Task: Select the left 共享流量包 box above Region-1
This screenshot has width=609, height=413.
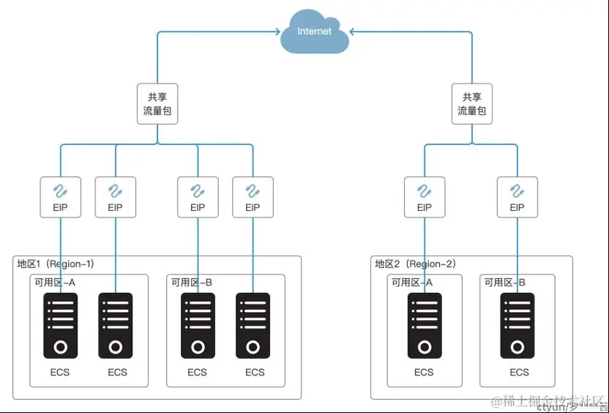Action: click(x=157, y=104)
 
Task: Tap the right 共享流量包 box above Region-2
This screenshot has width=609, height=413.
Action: click(x=471, y=104)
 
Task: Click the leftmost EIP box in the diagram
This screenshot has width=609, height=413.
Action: click(x=60, y=197)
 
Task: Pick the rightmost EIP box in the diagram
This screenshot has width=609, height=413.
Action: click(x=517, y=197)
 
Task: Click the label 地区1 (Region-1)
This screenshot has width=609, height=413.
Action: click(x=56, y=264)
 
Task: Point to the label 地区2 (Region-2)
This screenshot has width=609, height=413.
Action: click(x=414, y=264)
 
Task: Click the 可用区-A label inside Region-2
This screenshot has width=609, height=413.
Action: click(x=411, y=283)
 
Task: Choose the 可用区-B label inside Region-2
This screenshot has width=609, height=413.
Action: click(x=504, y=283)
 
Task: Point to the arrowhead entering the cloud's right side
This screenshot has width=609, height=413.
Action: click(x=352, y=31)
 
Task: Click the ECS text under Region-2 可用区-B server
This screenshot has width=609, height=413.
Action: click(x=519, y=372)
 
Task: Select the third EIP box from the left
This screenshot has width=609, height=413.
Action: click(x=198, y=197)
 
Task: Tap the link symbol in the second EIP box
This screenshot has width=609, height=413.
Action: click(x=115, y=191)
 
